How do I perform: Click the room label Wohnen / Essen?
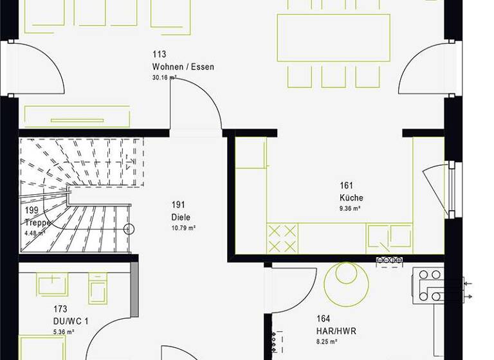pyautogui.click(x=183, y=67)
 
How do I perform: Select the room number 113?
pyautogui.click(x=159, y=55)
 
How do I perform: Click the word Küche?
pyautogui.click(x=352, y=198)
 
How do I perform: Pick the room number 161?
pyautogui.click(x=347, y=186)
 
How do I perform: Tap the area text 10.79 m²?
pyautogui.click(x=183, y=228)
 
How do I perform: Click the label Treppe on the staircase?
pyautogui.click(x=37, y=222)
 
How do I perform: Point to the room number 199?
pyautogui.click(x=32, y=211)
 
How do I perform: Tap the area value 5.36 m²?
pyautogui.click(x=64, y=332)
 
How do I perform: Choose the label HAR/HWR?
pyautogui.click(x=336, y=332)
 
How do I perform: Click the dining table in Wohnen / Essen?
pyautogui.click(x=333, y=37)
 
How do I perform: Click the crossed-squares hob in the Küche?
pyautogui.click(x=282, y=239)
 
